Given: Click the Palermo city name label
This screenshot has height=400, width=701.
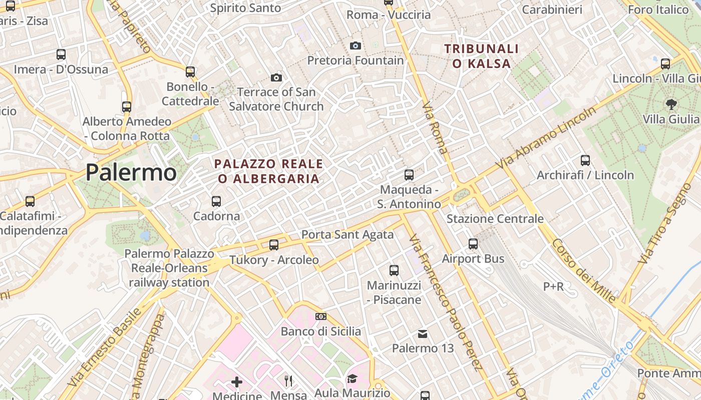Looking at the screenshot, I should (x=131, y=172).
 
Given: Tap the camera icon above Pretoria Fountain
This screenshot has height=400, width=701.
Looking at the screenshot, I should (x=356, y=46).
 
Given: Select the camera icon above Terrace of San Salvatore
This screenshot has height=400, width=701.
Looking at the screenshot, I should (x=276, y=77).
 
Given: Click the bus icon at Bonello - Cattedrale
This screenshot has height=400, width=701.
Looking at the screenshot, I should (x=190, y=72).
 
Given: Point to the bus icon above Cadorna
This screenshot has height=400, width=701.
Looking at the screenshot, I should (x=216, y=201).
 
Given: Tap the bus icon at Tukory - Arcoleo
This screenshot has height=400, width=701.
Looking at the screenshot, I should (x=274, y=245).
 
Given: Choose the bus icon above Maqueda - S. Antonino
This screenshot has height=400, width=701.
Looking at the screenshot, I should (x=409, y=175).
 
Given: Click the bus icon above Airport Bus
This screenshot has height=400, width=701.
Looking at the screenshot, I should (x=473, y=244).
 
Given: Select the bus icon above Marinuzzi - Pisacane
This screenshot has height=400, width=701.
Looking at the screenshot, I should (x=394, y=270).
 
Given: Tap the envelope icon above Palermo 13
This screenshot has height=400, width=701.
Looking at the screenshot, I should (x=423, y=333).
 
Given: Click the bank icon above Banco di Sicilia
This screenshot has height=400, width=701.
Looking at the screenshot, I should (x=321, y=316).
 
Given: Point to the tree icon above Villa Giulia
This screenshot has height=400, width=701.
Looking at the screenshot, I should (x=671, y=104).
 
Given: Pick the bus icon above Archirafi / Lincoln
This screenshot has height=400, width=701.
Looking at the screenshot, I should (x=585, y=160).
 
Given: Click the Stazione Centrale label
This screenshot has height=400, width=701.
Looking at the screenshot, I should (x=495, y=218).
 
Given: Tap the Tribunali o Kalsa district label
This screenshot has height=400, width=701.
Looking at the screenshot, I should (x=481, y=56).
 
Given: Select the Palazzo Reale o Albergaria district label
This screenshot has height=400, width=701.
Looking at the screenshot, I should (x=268, y=171).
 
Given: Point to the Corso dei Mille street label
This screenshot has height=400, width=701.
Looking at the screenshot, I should (x=584, y=270).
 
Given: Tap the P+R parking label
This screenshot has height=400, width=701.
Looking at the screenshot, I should (x=553, y=286).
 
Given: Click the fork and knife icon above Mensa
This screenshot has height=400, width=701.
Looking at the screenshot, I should (x=288, y=381).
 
